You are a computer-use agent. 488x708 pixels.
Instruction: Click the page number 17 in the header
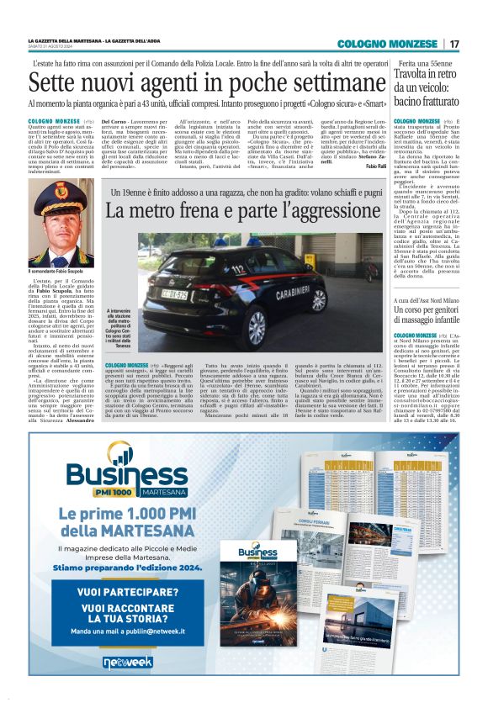[x=454, y=44]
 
